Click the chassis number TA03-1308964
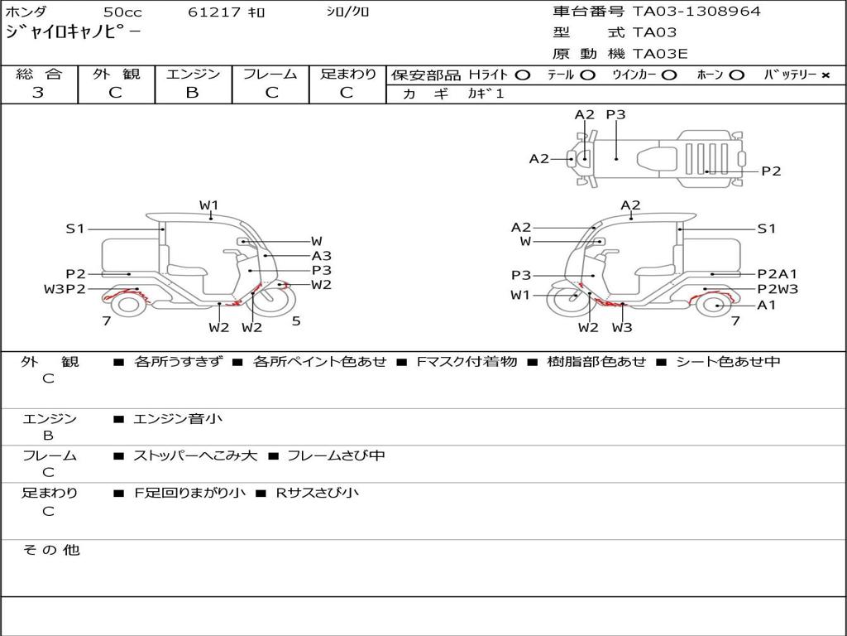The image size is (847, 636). [696, 12]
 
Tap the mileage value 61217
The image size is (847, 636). [214, 12]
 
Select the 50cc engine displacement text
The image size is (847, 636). [122, 12]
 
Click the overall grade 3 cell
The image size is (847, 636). [38, 93]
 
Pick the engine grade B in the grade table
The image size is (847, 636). [192, 93]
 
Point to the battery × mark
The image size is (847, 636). [825, 75]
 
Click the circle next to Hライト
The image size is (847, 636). [522, 75]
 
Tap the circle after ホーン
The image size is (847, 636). [736, 75]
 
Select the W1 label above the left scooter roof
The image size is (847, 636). [208, 205]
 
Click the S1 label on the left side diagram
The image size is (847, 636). [75, 229]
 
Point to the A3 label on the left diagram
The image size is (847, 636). [321, 256]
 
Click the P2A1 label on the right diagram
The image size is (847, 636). [778, 274]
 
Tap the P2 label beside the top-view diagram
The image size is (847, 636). [771, 171]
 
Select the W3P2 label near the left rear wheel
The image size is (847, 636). [65, 289]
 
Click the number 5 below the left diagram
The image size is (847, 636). [296, 321]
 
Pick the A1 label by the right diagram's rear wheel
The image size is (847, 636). [767, 305]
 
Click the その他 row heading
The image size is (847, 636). [51, 550]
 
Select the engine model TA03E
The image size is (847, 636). [660, 54]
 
